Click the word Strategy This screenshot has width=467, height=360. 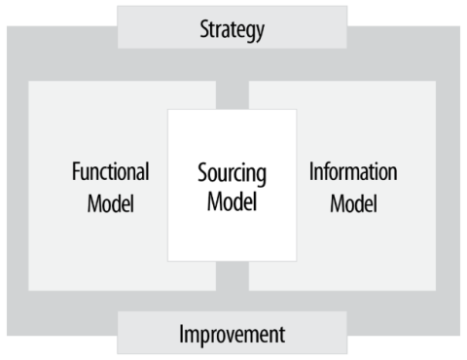point(232,28)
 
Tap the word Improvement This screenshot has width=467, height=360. point(232,336)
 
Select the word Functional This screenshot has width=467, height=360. point(111,173)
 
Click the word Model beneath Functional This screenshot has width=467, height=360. point(111,205)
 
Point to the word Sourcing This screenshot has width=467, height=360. point(232,176)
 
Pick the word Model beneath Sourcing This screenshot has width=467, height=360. point(232,206)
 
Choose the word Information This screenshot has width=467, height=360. point(353,173)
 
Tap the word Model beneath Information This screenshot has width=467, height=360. point(353,205)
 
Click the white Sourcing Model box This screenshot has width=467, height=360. point(232,238)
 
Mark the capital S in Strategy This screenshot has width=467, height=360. point(202,28)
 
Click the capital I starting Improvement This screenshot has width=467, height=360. point(181,336)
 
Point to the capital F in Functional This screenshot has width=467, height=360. point(76,173)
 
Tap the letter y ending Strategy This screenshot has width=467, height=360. point(260,31)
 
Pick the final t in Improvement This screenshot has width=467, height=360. point(282,336)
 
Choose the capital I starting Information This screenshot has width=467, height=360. point(311,173)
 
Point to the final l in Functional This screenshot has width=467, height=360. point(147,173)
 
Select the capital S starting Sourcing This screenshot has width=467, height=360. point(202,176)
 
